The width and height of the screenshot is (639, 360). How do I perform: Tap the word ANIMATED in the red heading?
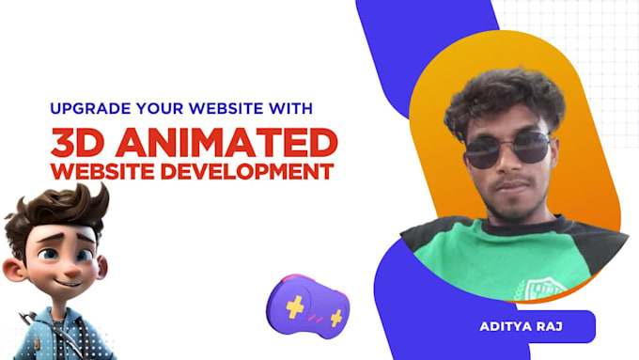click(x=236, y=143)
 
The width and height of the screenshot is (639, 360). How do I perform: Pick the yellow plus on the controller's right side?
click(x=335, y=317)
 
